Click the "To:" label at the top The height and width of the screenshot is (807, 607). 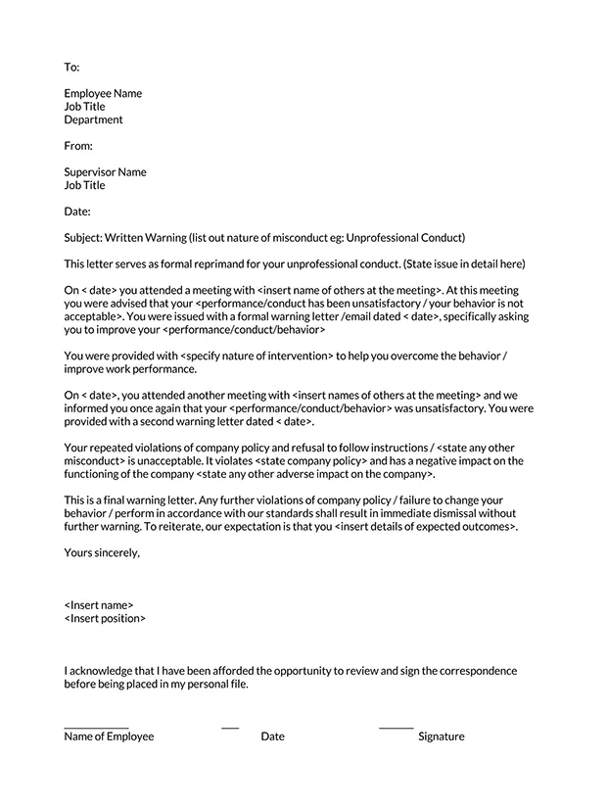tap(71, 68)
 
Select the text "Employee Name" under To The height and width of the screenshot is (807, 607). tap(103, 94)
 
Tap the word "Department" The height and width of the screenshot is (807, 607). tap(94, 120)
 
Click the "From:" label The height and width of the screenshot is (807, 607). tap(78, 146)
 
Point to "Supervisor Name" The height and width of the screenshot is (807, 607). tap(105, 172)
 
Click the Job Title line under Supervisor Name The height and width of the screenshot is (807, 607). tap(84, 185)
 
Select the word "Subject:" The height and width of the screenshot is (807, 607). tap(86, 238)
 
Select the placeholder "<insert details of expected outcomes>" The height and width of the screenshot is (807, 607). tap(424, 527)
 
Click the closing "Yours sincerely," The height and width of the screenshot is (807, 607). tap(102, 552)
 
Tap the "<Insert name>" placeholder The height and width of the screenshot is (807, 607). tap(99, 605)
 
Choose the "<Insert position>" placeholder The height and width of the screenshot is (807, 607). tap(105, 619)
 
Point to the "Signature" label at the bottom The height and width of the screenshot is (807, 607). tap(441, 736)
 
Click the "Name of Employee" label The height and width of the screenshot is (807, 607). tap(109, 736)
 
